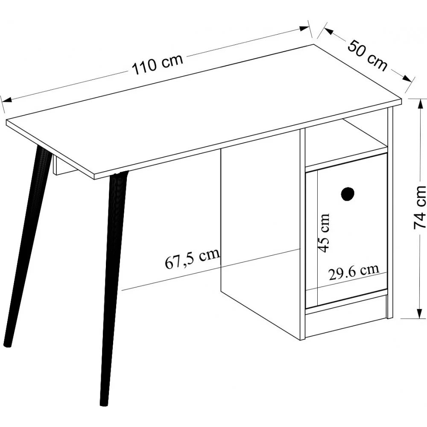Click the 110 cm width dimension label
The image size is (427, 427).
(158, 64)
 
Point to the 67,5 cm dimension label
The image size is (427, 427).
(192, 258)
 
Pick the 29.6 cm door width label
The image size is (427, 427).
(354, 272)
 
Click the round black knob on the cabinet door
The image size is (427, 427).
(348, 193)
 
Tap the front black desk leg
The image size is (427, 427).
(113, 289)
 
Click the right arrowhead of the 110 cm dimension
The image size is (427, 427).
(304, 28)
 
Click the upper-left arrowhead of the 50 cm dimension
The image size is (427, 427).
(328, 31)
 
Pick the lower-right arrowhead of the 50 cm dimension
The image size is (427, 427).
(407, 78)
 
